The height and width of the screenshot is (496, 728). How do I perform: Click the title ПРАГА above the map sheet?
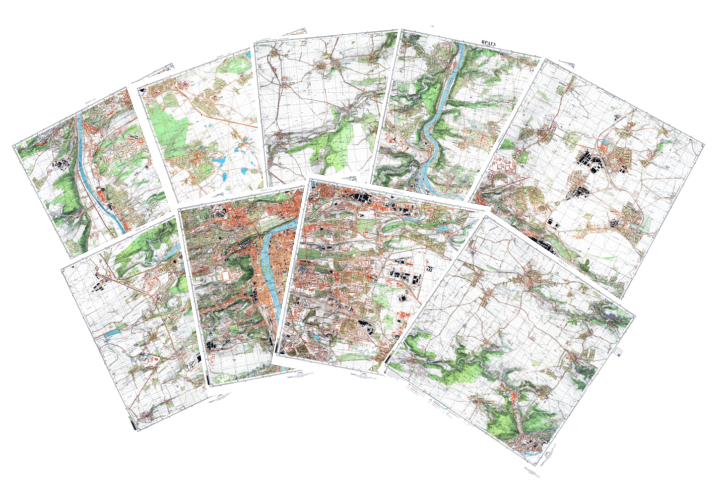pyautogui.click(x=489, y=44)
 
